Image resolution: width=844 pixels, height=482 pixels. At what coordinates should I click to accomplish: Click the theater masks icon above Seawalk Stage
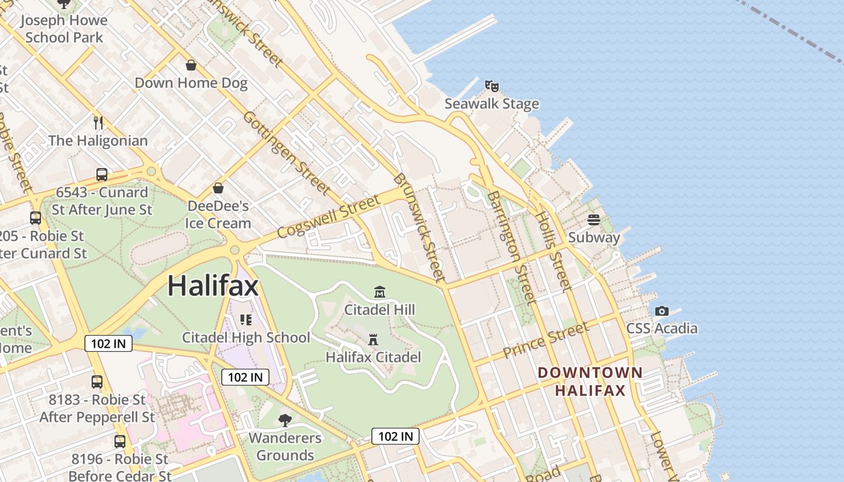coord(492,86)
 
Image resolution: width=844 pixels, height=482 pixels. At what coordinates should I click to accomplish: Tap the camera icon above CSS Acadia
coord(662,311)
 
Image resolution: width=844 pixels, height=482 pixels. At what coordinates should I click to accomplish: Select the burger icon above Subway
coord(594,220)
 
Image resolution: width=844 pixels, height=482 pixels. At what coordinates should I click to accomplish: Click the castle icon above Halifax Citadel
coord(373,340)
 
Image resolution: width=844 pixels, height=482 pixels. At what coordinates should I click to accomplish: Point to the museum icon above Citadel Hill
coord(380,292)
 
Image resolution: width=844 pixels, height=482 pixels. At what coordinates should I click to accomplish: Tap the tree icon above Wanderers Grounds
coord(285,420)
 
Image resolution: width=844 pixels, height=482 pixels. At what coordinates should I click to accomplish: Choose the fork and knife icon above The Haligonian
coord(98,123)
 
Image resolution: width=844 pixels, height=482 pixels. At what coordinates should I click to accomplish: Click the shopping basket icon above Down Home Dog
coord(191,65)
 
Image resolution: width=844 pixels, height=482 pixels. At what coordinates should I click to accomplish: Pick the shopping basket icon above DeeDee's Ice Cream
coord(218,188)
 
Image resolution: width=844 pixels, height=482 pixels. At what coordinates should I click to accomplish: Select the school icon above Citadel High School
coord(246,319)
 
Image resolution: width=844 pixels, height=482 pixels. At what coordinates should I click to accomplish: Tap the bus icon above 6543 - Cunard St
coord(102,175)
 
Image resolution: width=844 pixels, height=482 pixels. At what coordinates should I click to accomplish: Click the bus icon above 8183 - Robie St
coord(97,381)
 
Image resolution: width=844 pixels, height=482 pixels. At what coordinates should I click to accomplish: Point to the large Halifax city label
coord(213,285)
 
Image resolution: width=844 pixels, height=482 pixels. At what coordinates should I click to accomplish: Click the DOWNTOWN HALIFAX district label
coord(590,381)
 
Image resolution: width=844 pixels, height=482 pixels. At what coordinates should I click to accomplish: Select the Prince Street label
coord(545,340)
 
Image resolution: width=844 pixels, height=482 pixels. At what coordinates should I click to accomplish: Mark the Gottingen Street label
coord(287,152)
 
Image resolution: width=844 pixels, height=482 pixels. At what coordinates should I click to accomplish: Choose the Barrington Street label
coord(511,247)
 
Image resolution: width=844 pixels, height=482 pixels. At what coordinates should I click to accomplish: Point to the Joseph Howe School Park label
coord(64,28)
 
